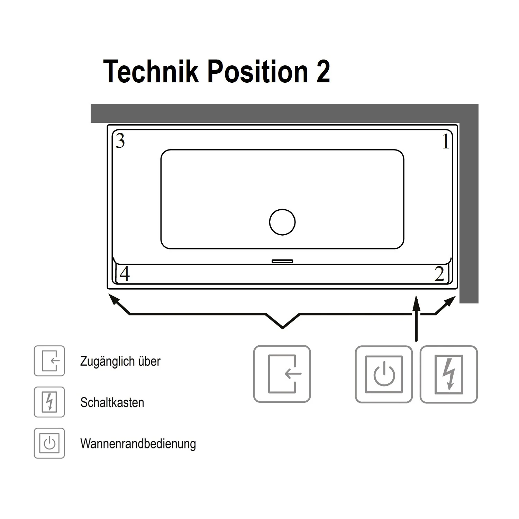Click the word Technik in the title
point(151,72)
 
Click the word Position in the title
point(258,72)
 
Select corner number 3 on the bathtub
point(120,141)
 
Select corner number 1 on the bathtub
point(446,141)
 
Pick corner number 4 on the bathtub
point(125,274)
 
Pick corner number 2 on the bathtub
point(439,274)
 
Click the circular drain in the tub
point(282,222)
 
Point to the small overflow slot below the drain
point(282,261)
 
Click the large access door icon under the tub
point(282,374)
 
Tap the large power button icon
point(384,374)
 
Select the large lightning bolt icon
point(449,374)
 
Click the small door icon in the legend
point(49,361)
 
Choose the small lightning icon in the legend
point(49,402)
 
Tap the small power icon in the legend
point(49,443)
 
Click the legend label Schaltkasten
point(112,402)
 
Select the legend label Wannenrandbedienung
point(138,444)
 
